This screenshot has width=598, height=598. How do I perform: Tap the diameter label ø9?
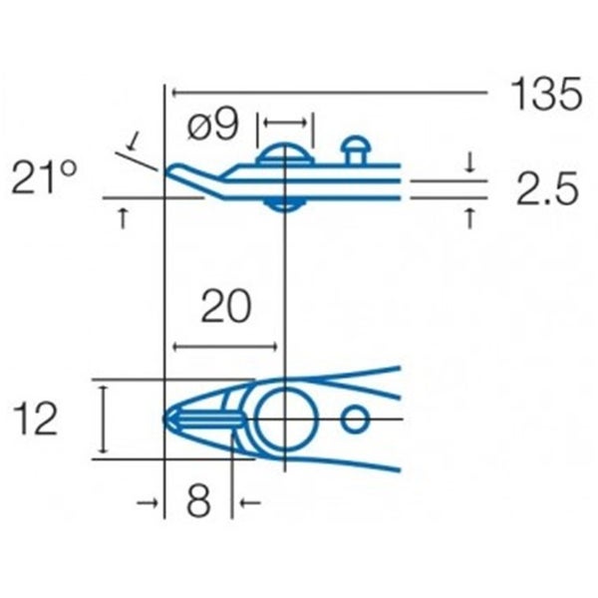coord(213,126)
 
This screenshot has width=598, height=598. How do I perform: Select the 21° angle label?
coord(45,178)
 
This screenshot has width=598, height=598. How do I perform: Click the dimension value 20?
coord(224,308)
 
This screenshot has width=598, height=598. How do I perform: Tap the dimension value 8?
coord(198,502)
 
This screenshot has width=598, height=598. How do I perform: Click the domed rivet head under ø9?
coord(286,154)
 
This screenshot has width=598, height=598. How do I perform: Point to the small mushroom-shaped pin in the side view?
coord(355,149)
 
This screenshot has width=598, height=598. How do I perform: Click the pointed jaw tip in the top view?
coord(168,419)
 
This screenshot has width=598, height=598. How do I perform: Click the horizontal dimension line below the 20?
coord(224,346)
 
